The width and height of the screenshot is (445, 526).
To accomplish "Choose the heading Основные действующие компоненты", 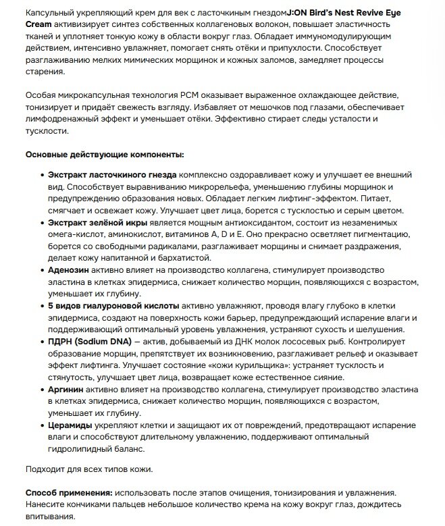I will click(x=104, y=155).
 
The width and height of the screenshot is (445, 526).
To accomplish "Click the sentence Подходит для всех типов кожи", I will click(x=88, y=469).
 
